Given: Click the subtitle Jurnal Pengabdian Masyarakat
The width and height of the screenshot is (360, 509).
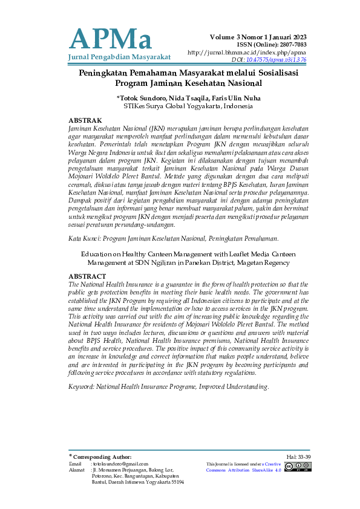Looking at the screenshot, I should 120,57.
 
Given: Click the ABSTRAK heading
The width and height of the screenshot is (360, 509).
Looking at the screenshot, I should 85,121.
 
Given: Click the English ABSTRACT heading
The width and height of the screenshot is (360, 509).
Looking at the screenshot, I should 87,276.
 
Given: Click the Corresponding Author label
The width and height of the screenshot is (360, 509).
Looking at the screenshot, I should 102,457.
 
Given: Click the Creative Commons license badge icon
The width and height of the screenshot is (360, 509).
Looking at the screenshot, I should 298,465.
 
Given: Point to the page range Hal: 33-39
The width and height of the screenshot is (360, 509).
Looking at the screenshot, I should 298,456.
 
